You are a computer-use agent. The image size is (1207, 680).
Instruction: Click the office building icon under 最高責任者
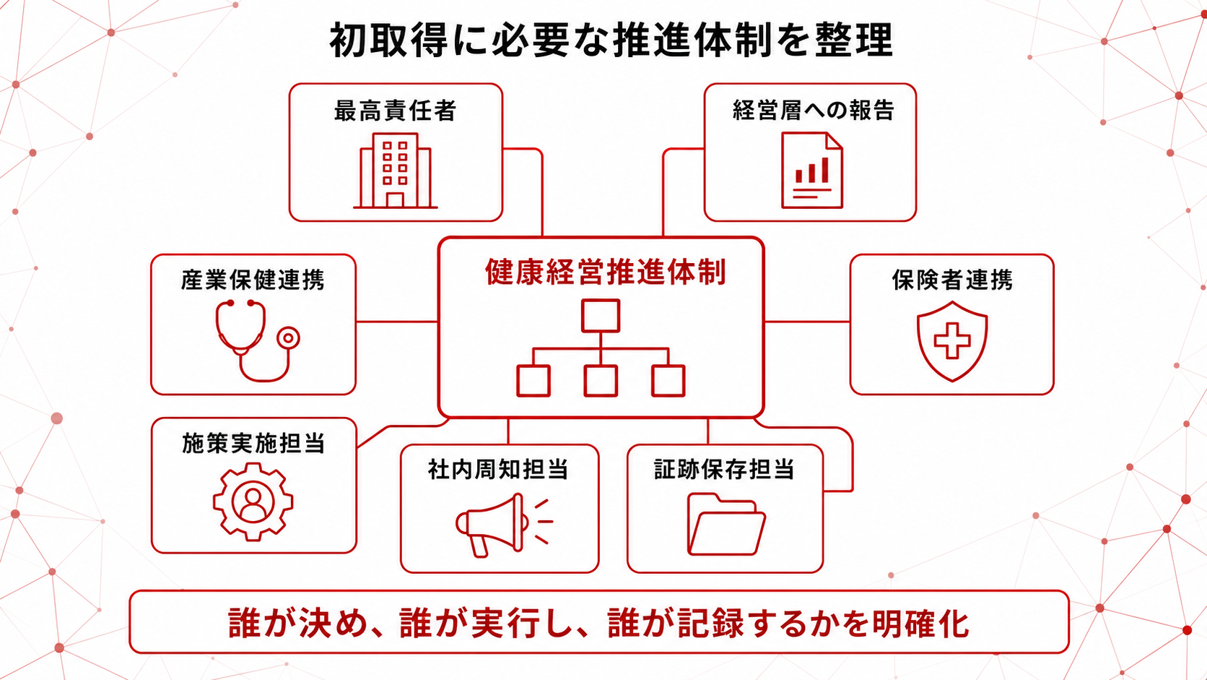pos(396,171)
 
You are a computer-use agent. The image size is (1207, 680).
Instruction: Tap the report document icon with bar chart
pos(812,171)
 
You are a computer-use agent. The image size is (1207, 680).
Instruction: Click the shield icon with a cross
pos(952,341)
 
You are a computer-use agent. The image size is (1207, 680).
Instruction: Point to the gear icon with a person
pos(253,502)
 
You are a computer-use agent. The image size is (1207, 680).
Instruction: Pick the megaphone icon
pos(504,524)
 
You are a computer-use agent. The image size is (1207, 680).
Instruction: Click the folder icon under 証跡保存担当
pos(726,524)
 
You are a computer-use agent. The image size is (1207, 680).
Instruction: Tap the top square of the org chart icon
pos(601,316)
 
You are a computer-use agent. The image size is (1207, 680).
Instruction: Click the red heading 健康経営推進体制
pos(606,272)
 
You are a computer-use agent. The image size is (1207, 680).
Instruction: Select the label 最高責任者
pos(396,111)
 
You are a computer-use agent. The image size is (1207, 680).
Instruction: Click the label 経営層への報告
pos(813,110)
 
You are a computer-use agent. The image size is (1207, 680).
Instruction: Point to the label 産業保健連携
pos(253,280)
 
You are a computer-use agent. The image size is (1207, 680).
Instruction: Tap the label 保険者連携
pos(952,280)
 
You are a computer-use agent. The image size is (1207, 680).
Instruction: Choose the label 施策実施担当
pos(253,443)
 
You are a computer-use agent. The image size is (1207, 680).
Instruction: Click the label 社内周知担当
pos(498,469)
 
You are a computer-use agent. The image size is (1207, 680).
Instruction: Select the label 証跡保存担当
pos(724,469)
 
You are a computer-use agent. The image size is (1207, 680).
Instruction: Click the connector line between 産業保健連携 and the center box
pos(397,322)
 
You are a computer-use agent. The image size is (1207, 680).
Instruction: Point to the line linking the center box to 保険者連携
pos(807,322)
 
